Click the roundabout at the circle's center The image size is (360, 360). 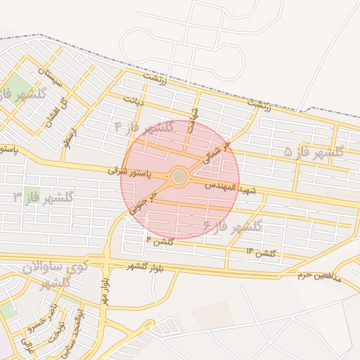(179, 176)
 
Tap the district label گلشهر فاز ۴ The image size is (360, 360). (145, 127)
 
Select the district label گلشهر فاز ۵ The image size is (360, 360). (314, 152)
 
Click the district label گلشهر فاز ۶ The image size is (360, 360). (232, 226)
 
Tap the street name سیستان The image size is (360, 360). (51, 82)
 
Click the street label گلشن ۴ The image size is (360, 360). (159, 241)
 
